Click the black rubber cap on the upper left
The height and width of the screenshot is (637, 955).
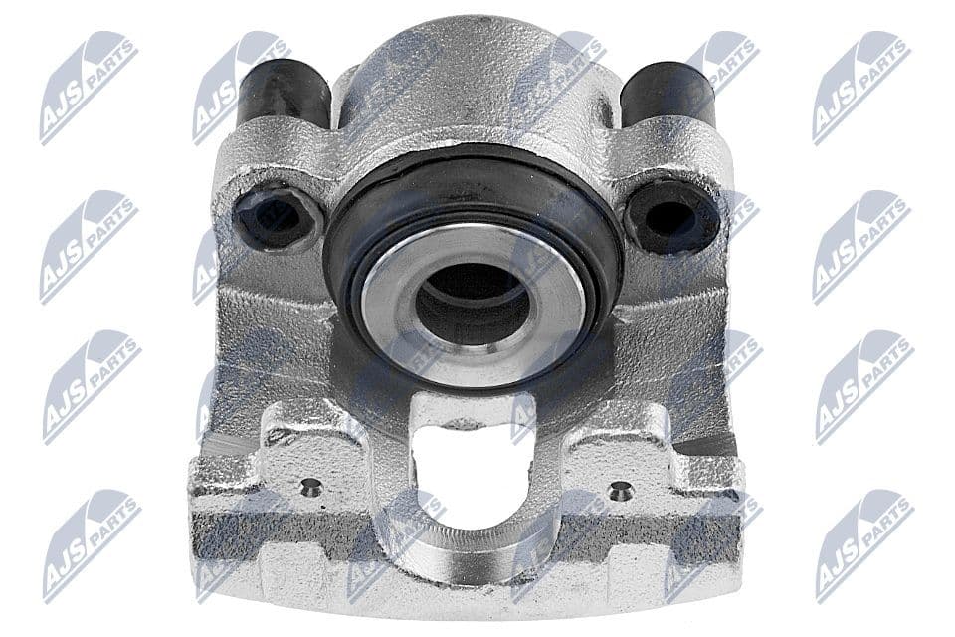(283, 93)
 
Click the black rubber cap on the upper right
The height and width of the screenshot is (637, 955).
(667, 93)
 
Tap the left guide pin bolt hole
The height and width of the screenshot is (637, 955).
(276, 218)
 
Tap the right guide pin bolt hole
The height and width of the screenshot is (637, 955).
(671, 217)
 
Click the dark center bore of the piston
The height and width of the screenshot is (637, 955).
(471, 303)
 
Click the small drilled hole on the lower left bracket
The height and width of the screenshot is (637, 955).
(311, 487)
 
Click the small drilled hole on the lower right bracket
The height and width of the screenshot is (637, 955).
(620, 490)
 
